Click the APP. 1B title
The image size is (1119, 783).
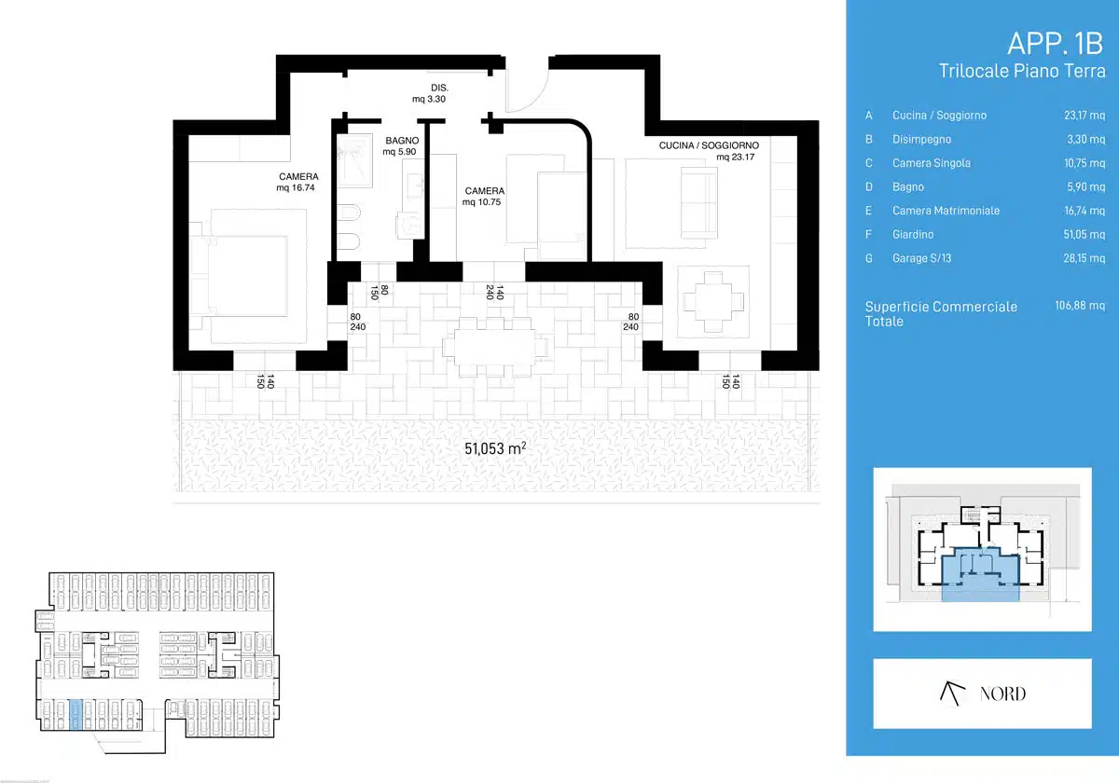[x=1055, y=44]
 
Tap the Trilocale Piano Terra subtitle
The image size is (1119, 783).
[x=1022, y=71]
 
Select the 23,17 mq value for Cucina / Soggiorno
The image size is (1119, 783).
[x=1084, y=116]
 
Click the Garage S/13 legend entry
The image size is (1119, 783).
[x=921, y=258]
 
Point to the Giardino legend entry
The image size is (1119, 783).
[x=913, y=234]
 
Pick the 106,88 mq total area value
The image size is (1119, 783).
[x=1080, y=306]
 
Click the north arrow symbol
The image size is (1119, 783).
[x=952, y=694]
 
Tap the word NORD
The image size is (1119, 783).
[x=1002, y=694]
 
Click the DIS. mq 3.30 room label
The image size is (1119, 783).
[x=430, y=93]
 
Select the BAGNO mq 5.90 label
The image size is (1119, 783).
[x=401, y=145]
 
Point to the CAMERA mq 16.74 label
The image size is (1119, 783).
[x=297, y=183]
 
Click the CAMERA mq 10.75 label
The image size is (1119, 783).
[x=483, y=197]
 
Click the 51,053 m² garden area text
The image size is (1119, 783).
[x=495, y=448]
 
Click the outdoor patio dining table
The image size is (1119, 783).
[x=494, y=347]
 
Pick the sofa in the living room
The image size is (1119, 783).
[x=698, y=203]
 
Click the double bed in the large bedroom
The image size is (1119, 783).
[x=248, y=276]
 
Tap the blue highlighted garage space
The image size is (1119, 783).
[x=75, y=715]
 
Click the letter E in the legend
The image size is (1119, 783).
[x=869, y=211]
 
